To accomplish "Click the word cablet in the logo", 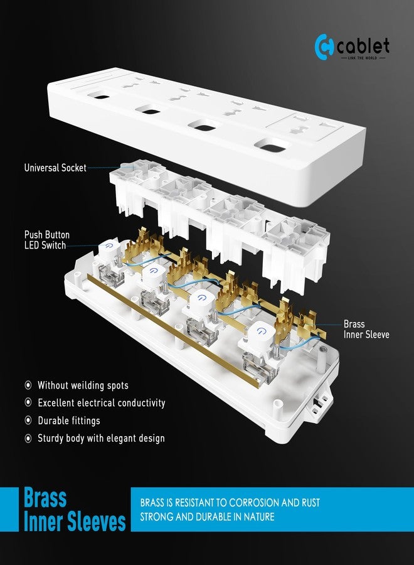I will point(363,46).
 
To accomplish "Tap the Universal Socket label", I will point(55,168).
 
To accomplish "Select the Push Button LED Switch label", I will point(46,240).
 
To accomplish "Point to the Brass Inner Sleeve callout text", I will point(366,330).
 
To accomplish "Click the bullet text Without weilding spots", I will point(83,385).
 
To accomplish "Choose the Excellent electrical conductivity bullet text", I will point(101,402).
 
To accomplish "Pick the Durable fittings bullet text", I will point(68,421).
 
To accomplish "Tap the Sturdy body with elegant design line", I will point(101,438).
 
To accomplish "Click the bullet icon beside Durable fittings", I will point(28,421).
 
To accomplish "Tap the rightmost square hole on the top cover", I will point(272,149).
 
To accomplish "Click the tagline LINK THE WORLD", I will point(364,58).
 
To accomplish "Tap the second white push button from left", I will point(153,272).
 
